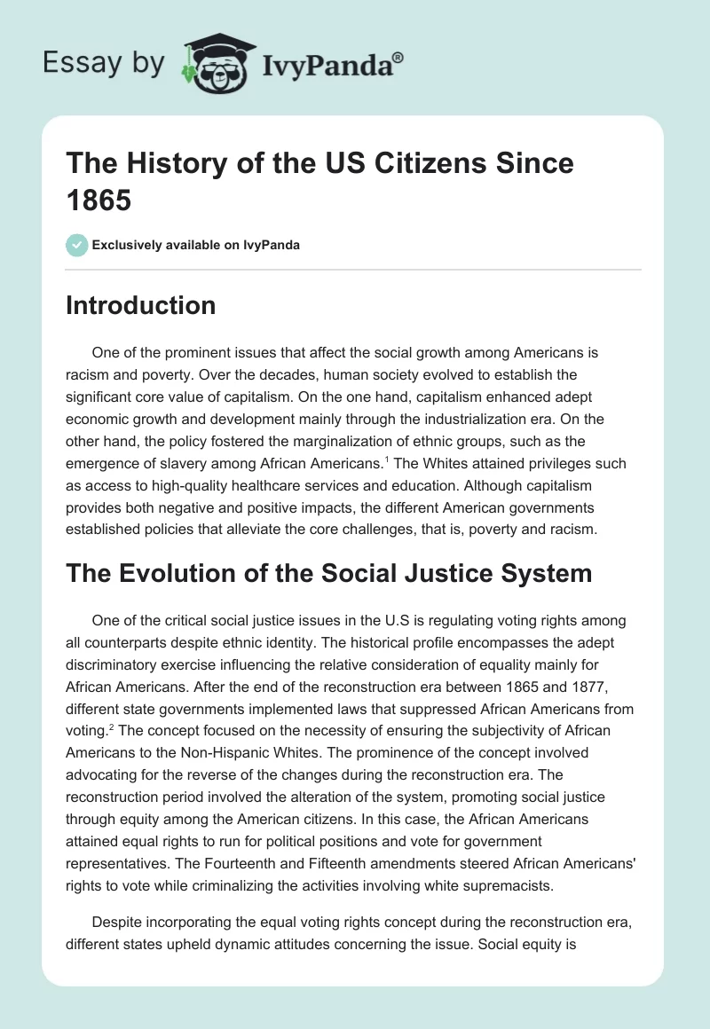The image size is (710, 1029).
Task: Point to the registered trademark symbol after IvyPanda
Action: pyautogui.click(x=398, y=56)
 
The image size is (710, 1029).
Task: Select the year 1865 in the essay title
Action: pyautogui.click(x=99, y=200)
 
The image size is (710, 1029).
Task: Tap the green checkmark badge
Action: pyautogui.click(x=77, y=245)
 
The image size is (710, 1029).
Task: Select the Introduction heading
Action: pyautogui.click(x=141, y=305)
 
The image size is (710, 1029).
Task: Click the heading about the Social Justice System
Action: pyautogui.click(x=329, y=573)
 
